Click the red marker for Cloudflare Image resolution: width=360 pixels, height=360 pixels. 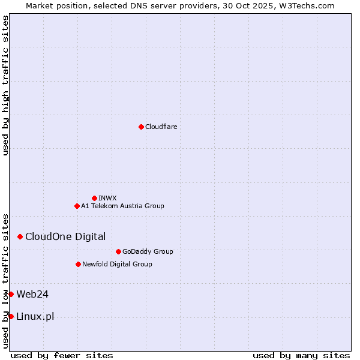141,127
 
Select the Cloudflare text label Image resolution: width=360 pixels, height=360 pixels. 161,127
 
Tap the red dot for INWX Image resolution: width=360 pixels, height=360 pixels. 94,198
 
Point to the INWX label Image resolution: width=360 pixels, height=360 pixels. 107,198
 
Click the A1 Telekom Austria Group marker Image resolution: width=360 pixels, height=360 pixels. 77,206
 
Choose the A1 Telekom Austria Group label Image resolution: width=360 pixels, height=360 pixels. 122,206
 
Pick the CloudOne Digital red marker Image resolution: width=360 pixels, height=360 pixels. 20,236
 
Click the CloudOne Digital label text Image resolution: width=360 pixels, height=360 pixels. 65,236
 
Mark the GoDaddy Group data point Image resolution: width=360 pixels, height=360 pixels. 118,251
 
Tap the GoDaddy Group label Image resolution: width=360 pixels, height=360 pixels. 147,251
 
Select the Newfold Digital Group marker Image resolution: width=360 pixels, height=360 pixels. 78,264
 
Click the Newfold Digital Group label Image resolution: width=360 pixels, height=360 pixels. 117,264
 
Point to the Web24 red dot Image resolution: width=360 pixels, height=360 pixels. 11,294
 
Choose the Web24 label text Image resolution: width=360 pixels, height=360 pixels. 32,294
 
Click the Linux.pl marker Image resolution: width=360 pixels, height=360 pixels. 11,316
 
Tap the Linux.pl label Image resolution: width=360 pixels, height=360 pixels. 35,316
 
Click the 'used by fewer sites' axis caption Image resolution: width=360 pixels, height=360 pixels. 62,355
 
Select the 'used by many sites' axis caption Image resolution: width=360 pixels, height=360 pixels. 301,355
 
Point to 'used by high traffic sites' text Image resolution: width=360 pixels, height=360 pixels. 5,85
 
